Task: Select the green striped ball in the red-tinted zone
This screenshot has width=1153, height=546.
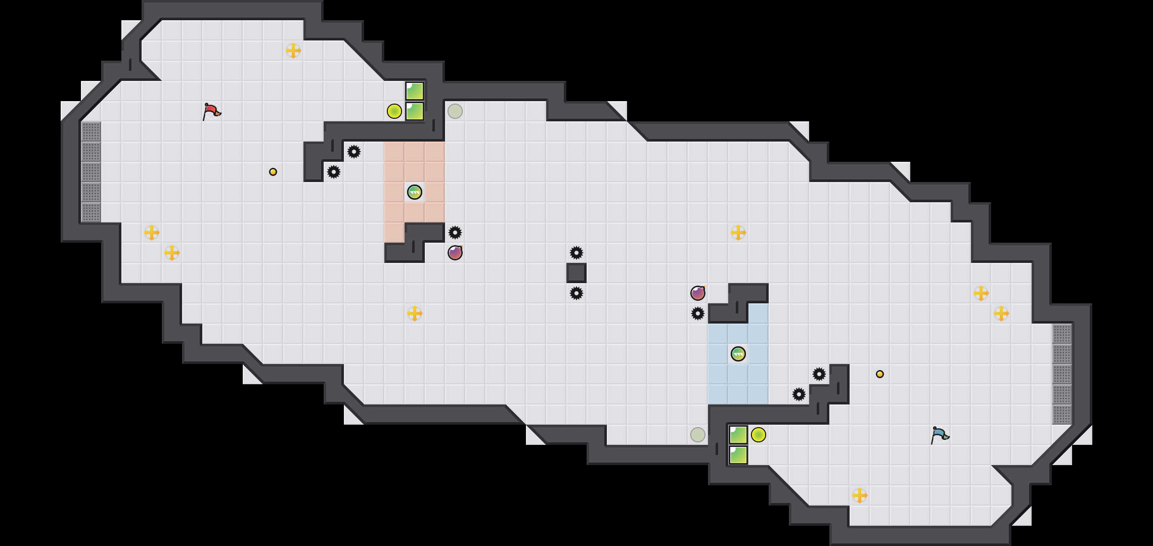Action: point(415,192)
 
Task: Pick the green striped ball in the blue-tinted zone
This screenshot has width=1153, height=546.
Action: point(738,354)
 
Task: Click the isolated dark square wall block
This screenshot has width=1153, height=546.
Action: point(576,273)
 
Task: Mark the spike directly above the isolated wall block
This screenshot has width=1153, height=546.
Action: point(576,253)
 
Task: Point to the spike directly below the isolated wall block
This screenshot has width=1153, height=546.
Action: point(576,293)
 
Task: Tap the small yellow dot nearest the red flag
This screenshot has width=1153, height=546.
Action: point(273,172)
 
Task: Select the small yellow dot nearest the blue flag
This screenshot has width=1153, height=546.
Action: point(880,374)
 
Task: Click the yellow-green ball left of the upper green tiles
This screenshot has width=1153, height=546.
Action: point(394,111)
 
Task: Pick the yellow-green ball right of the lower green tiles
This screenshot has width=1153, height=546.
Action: point(759,435)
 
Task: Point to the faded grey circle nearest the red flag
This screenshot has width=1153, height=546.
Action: point(455,111)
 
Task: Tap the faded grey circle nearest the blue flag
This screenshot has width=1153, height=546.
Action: point(698,435)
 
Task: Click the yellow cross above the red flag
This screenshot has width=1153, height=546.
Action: point(293,51)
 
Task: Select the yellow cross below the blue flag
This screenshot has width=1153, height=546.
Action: point(860,495)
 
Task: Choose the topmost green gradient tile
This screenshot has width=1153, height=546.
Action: point(415,91)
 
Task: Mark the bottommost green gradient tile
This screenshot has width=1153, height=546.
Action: point(738,455)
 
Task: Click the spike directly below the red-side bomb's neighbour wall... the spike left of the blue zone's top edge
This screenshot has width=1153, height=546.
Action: point(698,313)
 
